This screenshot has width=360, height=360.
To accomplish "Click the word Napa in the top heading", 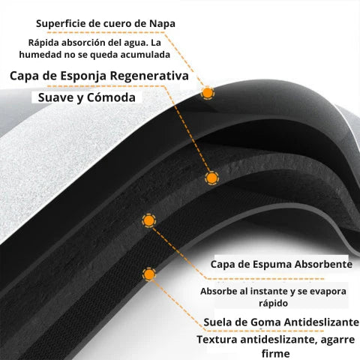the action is click(x=162, y=24).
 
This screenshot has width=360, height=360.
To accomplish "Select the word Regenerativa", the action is click(x=149, y=76).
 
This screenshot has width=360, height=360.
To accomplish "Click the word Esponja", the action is click(x=82, y=76).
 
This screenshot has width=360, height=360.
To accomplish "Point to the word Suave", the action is click(x=55, y=97).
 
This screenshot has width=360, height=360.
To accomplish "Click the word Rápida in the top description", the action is click(x=43, y=43).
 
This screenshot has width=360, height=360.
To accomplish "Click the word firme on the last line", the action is click(x=276, y=353).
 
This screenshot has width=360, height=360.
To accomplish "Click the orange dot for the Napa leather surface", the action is click(x=207, y=93).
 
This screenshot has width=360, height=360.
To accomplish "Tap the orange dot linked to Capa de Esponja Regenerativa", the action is click(x=211, y=178).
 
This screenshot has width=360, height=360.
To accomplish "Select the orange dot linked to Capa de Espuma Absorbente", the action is click(x=148, y=220).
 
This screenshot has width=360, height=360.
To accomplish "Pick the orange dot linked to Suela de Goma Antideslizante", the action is click(x=149, y=274).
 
